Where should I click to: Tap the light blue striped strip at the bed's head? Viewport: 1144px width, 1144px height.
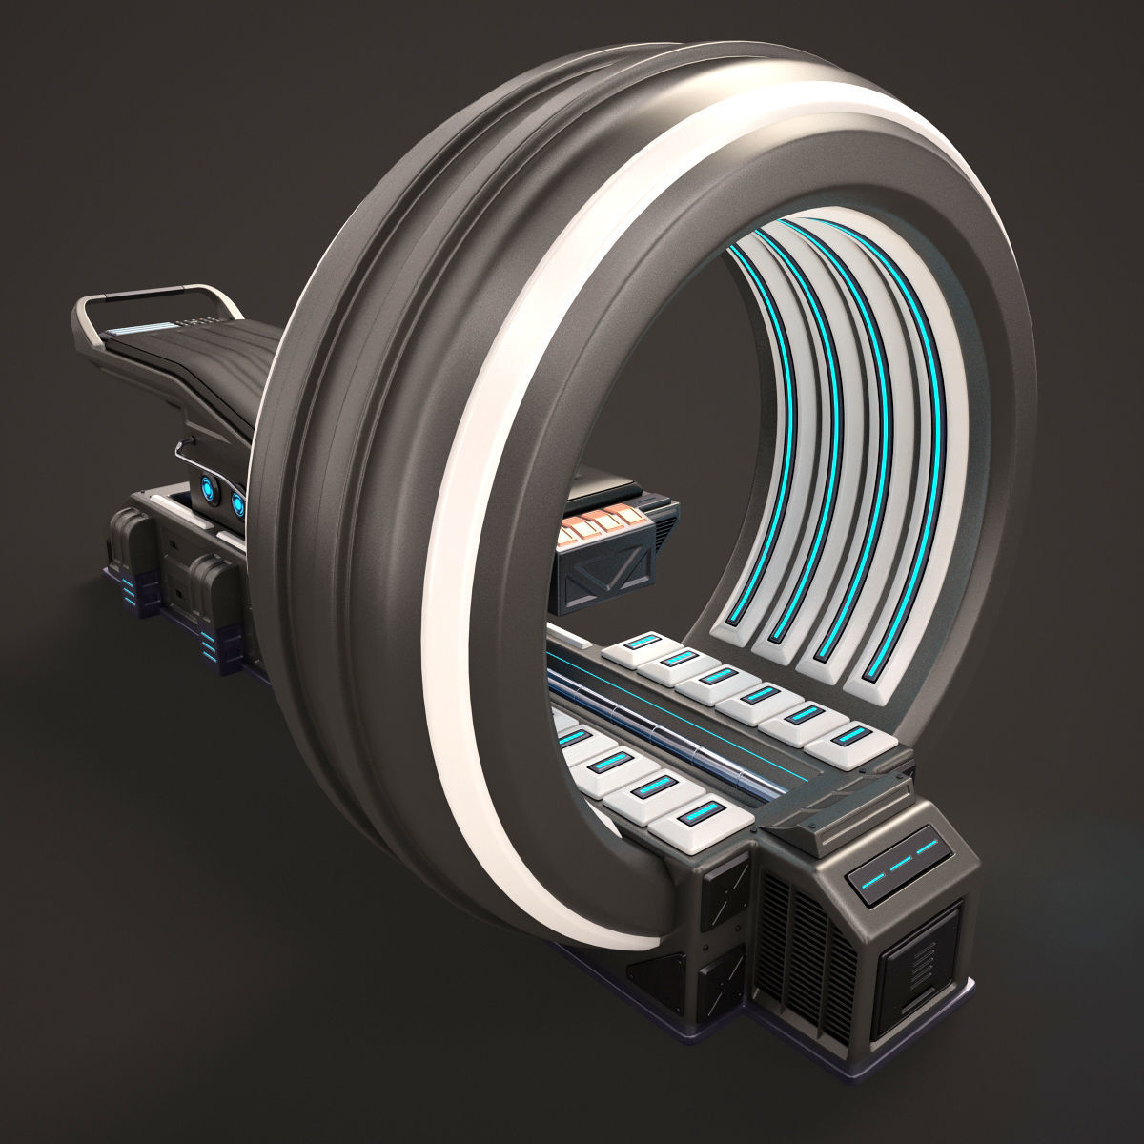pos(134,327)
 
